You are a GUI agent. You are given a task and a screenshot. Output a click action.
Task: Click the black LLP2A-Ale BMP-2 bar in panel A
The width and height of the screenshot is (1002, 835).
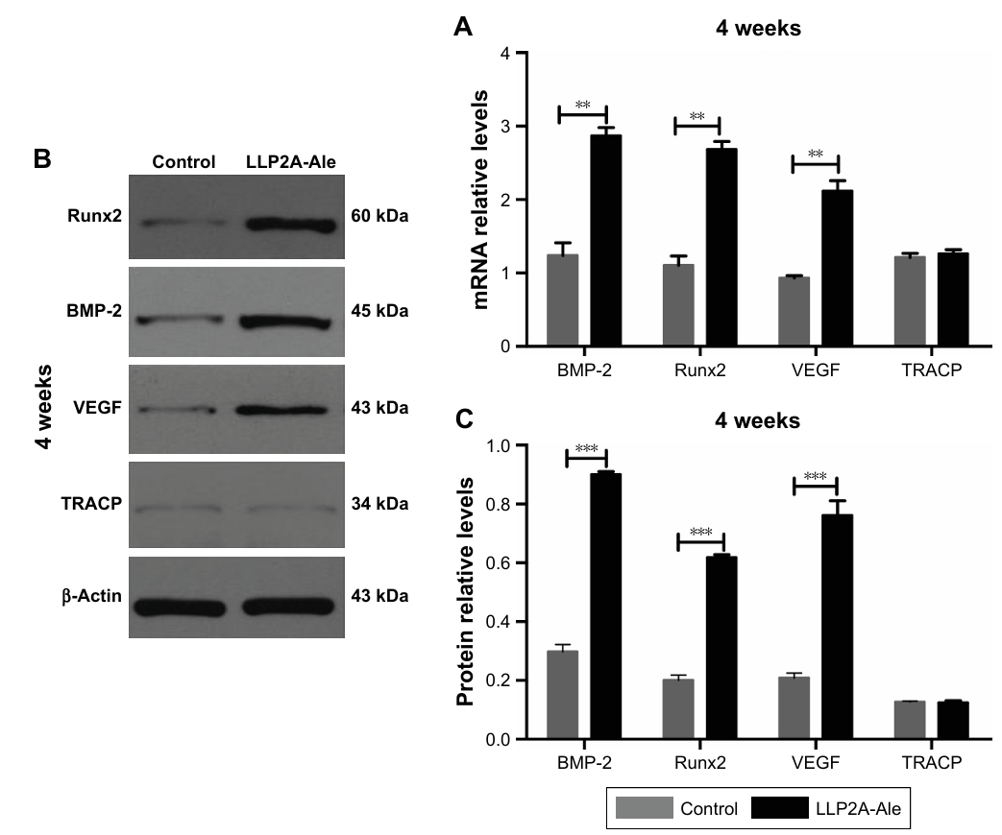(606, 240)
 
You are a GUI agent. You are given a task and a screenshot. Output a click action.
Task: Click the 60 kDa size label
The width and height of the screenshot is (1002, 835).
(381, 217)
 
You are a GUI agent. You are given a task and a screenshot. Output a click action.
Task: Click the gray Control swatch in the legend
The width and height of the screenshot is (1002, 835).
(646, 807)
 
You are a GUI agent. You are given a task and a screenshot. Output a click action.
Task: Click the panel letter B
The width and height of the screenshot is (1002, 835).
(42, 159)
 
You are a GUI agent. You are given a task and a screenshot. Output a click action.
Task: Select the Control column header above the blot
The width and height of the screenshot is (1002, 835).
(183, 162)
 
